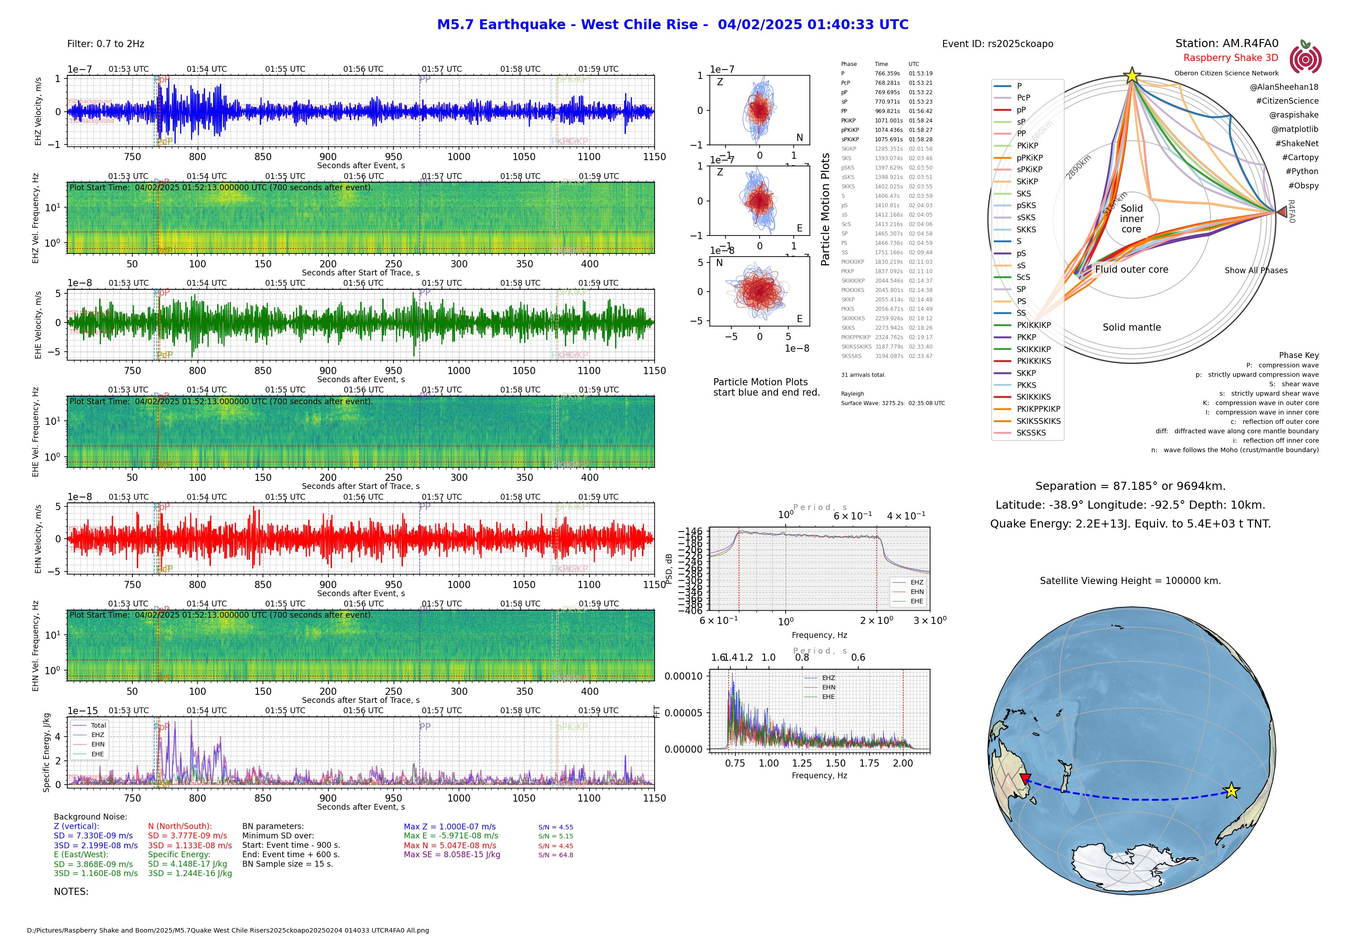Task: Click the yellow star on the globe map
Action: [x=1231, y=790]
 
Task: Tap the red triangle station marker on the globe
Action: [x=1025, y=778]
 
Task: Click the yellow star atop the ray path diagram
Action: [x=1132, y=76]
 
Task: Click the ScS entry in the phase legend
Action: [x=1023, y=277]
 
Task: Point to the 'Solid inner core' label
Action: [x=1132, y=218]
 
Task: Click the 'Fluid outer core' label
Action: [x=1132, y=270]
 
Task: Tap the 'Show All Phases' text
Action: [x=1256, y=270]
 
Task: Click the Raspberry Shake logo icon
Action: [x=1305, y=59]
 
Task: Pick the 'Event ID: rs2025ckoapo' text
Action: [x=997, y=44]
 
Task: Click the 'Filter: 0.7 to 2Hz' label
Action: [x=105, y=44]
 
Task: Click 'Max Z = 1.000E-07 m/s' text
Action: [x=449, y=827]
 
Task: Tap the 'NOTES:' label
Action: [x=71, y=892]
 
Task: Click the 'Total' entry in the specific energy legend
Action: [x=98, y=725]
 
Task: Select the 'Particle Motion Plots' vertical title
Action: [x=826, y=209]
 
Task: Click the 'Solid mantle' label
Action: [x=1132, y=327]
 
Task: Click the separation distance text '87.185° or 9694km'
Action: [x=1130, y=486]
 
